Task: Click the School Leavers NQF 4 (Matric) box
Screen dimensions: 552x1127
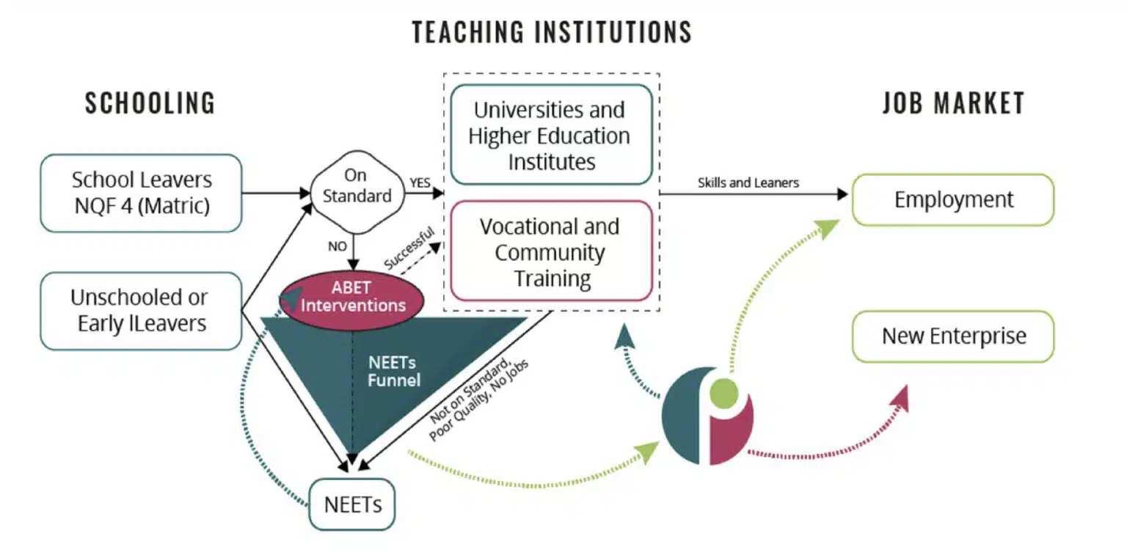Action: click(141, 193)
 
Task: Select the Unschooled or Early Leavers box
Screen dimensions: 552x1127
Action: click(141, 310)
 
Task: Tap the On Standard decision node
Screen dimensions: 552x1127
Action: click(357, 186)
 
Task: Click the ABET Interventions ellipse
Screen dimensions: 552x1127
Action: click(353, 296)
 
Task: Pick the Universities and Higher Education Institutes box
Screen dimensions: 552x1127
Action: click(550, 135)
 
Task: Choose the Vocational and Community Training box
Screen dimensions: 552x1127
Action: click(550, 252)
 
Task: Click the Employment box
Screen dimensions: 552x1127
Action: click(952, 199)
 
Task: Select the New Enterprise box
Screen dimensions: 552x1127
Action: click(952, 336)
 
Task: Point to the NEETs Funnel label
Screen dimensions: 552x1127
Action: click(395, 371)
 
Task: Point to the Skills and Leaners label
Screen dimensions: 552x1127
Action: click(748, 183)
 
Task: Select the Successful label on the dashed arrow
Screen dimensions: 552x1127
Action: click(409, 249)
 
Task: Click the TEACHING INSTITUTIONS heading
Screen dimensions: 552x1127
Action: click(552, 32)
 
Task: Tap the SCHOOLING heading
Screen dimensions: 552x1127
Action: click(150, 103)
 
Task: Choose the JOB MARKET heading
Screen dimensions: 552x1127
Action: click(953, 103)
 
